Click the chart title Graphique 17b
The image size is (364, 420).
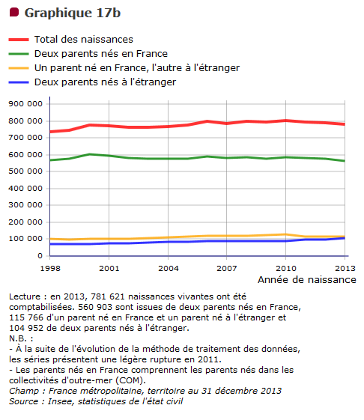point(73,13)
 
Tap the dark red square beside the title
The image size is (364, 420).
point(14,12)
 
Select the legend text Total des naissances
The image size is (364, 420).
point(84,40)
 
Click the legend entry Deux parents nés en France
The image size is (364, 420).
point(101,54)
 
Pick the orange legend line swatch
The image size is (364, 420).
point(19,68)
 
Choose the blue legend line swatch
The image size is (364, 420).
point(19,82)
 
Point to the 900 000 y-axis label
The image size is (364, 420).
point(25,103)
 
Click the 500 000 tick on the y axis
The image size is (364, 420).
point(25,171)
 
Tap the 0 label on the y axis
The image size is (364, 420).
point(40,256)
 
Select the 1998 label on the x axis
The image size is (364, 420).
point(50,268)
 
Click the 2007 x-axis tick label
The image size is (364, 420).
point(227,268)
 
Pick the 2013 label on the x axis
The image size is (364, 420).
point(345,268)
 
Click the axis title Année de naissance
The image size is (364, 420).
point(307,280)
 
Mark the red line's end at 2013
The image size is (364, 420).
point(345,124)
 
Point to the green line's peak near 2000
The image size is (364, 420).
point(89,154)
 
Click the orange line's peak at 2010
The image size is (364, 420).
point(285,234)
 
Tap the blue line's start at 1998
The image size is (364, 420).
point(50,244)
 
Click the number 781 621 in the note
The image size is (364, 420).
point(108,296)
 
